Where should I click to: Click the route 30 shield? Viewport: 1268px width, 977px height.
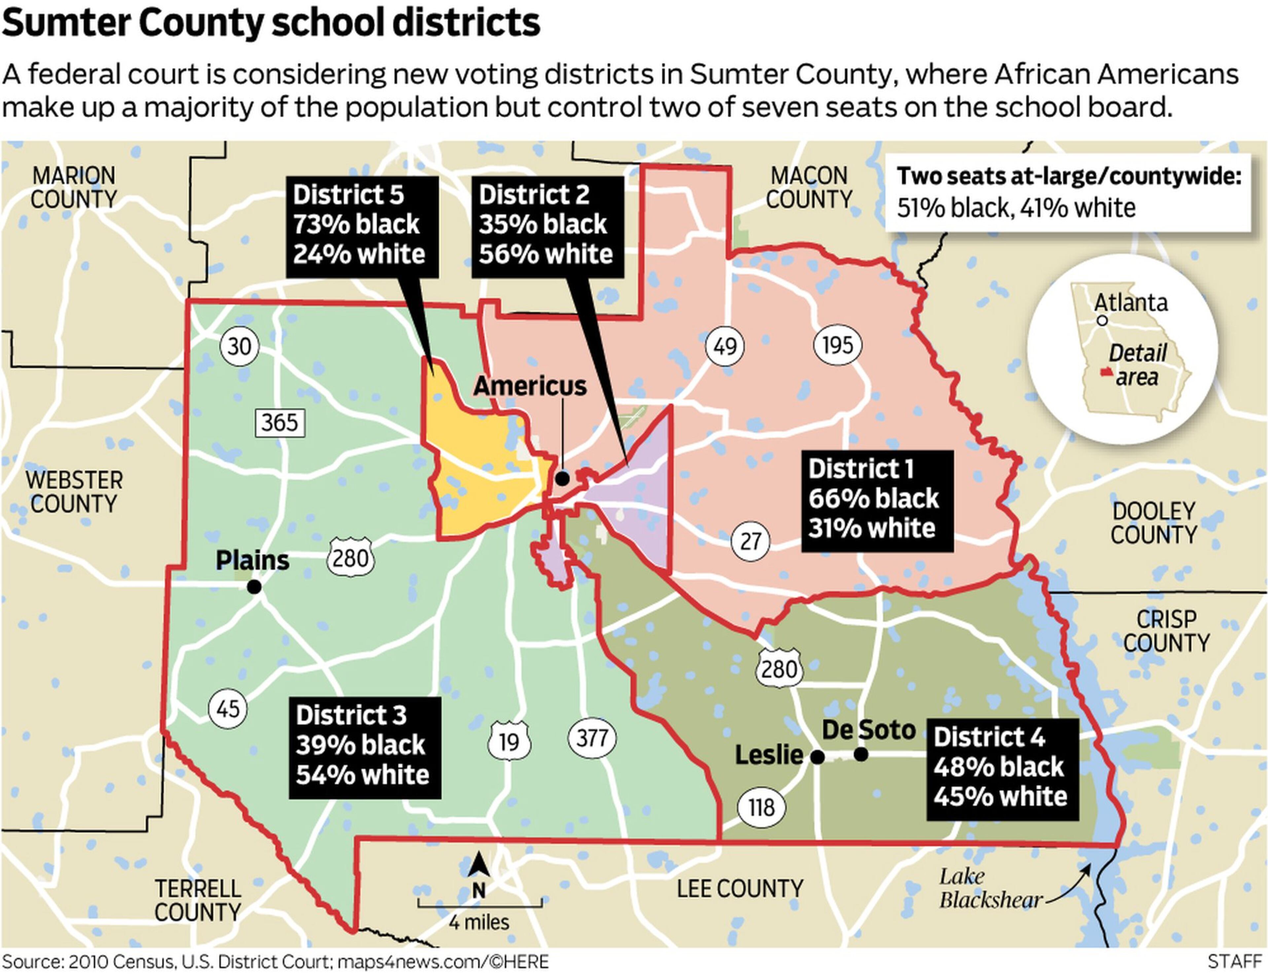pos(239,347)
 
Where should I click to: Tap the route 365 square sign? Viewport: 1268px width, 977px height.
pos(279,422)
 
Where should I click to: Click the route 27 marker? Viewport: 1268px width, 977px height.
pos(750,541)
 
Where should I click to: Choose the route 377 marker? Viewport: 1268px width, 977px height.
pos(592,738)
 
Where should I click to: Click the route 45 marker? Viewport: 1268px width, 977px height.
pos(228,709)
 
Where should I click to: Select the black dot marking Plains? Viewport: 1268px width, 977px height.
pos(254,587)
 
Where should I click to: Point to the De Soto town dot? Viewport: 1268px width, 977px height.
pos(861,755)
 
